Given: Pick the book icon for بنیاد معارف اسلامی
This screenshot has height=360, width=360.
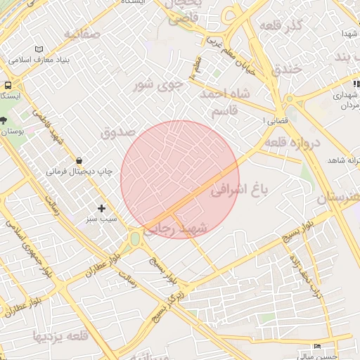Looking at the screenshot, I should pos(39,49).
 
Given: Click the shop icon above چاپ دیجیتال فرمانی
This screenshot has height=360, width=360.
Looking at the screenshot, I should pos(78,160).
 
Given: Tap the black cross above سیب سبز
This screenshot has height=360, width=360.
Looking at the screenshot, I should pos(102,208).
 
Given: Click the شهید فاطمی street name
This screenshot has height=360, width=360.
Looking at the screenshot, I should pos(48,127).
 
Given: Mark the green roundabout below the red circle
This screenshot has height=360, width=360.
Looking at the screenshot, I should pos(134,240).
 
